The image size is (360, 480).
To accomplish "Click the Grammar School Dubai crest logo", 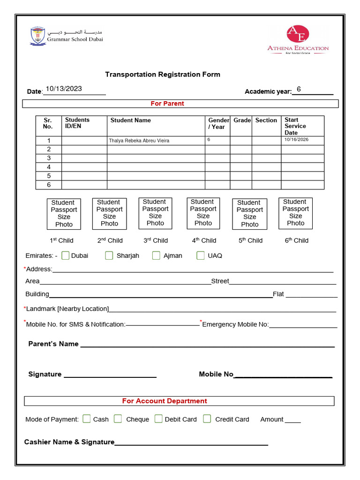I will point(38,36).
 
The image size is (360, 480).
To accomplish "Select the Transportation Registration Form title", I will point(162,74).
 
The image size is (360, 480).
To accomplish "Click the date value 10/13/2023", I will point(64,89).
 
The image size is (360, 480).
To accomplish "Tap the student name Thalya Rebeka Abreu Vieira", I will point(139,141).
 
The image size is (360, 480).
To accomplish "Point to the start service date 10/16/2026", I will point(296,140).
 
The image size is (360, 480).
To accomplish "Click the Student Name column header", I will point(130,120).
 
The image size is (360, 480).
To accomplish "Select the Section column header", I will point(266,120).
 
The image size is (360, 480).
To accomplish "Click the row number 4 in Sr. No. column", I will point(49,167).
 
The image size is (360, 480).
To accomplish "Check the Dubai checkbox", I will point(66,255).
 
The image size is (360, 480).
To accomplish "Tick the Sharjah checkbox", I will point(109,255).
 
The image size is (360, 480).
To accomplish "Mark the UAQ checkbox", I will point(201,255).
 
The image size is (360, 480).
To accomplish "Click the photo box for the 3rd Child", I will point(155,213).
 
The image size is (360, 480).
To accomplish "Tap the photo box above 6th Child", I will point(295,213).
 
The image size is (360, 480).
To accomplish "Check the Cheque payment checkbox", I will point(118,419).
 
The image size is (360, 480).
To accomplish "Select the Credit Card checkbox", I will point(207,419).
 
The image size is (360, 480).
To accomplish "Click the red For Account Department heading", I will point(164,401).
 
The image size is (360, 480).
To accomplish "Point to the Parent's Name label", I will point(53,344).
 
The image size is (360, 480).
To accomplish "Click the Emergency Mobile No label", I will point(235,324).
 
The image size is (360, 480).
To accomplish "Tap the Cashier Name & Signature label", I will point(69,442).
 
